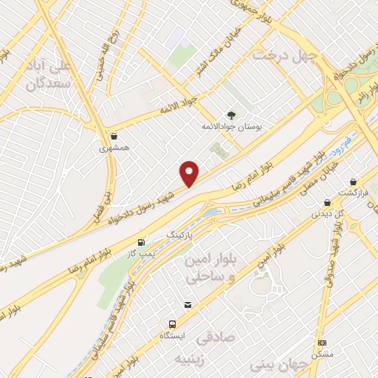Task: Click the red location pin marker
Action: coord(190,173)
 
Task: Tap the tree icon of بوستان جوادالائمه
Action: coord(231,114)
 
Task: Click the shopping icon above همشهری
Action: coord(114,136)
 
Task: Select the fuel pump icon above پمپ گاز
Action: coord(141,241)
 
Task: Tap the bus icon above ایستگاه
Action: coord(172,323)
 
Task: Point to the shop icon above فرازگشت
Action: coord(354,181)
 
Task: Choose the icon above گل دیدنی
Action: coord(326,202)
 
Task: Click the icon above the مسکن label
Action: coord(322,343)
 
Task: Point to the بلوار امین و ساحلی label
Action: coord(212,270)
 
